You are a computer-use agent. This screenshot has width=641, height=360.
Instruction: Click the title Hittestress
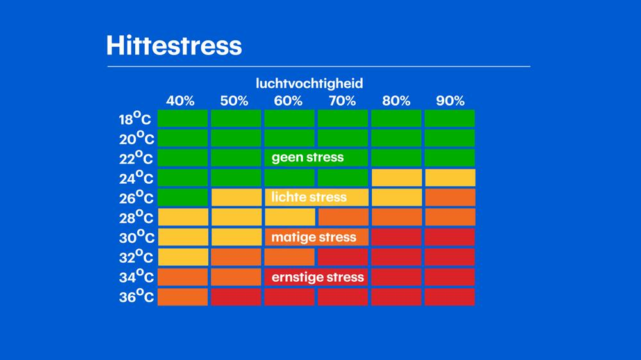click(174, 45)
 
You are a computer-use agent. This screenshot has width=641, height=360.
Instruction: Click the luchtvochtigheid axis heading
click(310, 83)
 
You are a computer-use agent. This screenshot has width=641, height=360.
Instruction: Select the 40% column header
click(180, 101)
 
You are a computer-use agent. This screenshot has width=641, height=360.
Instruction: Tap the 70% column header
click(342, 101)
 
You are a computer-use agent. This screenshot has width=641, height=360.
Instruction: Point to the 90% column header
click(451, 101)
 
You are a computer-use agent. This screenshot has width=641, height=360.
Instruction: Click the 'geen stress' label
click(308, 158)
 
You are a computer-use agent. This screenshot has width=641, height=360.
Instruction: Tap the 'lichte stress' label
click(309, 197)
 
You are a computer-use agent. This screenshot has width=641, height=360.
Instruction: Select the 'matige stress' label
click(313, 237)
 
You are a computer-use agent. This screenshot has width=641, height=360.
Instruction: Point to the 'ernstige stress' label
click(317, 277)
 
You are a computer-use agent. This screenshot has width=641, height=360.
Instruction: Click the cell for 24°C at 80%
click(396, 177)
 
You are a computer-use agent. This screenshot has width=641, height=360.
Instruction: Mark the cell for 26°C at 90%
click(450, 197)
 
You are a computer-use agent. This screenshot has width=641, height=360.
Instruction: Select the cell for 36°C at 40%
click(183, 297)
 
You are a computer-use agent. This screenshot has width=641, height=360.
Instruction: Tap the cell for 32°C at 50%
click(236, 257)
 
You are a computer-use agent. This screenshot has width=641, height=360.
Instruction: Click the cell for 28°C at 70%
click(343, 217)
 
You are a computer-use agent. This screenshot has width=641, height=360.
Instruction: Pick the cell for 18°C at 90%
click(450, 119)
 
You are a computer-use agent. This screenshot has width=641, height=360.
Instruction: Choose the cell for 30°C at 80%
click(396, 237)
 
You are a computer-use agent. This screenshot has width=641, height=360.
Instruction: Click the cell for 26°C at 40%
click(183, 197)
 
